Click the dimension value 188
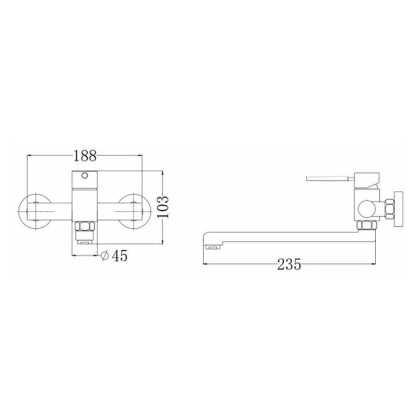[x=85, y=156]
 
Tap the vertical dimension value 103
[x=162, y=207]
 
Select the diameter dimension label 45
[x=120, y=256]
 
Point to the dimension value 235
[x=289, y=264]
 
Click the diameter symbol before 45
[x=105, y=256]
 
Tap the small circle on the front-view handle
[x=85, y=176]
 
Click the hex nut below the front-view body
[x=85, y=226]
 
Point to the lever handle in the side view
[x=330, y=178]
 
